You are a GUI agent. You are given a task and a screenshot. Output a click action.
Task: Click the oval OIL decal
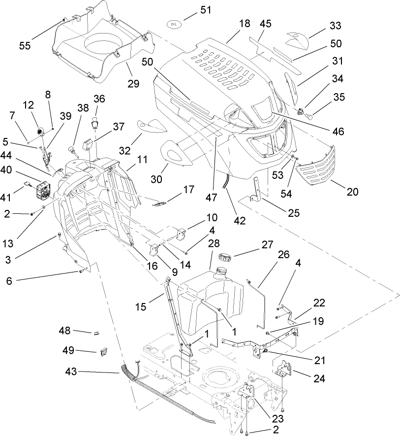173,23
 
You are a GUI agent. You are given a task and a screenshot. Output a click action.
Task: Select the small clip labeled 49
103,351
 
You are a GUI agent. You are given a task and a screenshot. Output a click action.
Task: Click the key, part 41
28,185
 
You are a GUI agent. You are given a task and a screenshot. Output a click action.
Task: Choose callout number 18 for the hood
245,24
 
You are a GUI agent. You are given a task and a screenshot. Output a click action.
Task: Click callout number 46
337,132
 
